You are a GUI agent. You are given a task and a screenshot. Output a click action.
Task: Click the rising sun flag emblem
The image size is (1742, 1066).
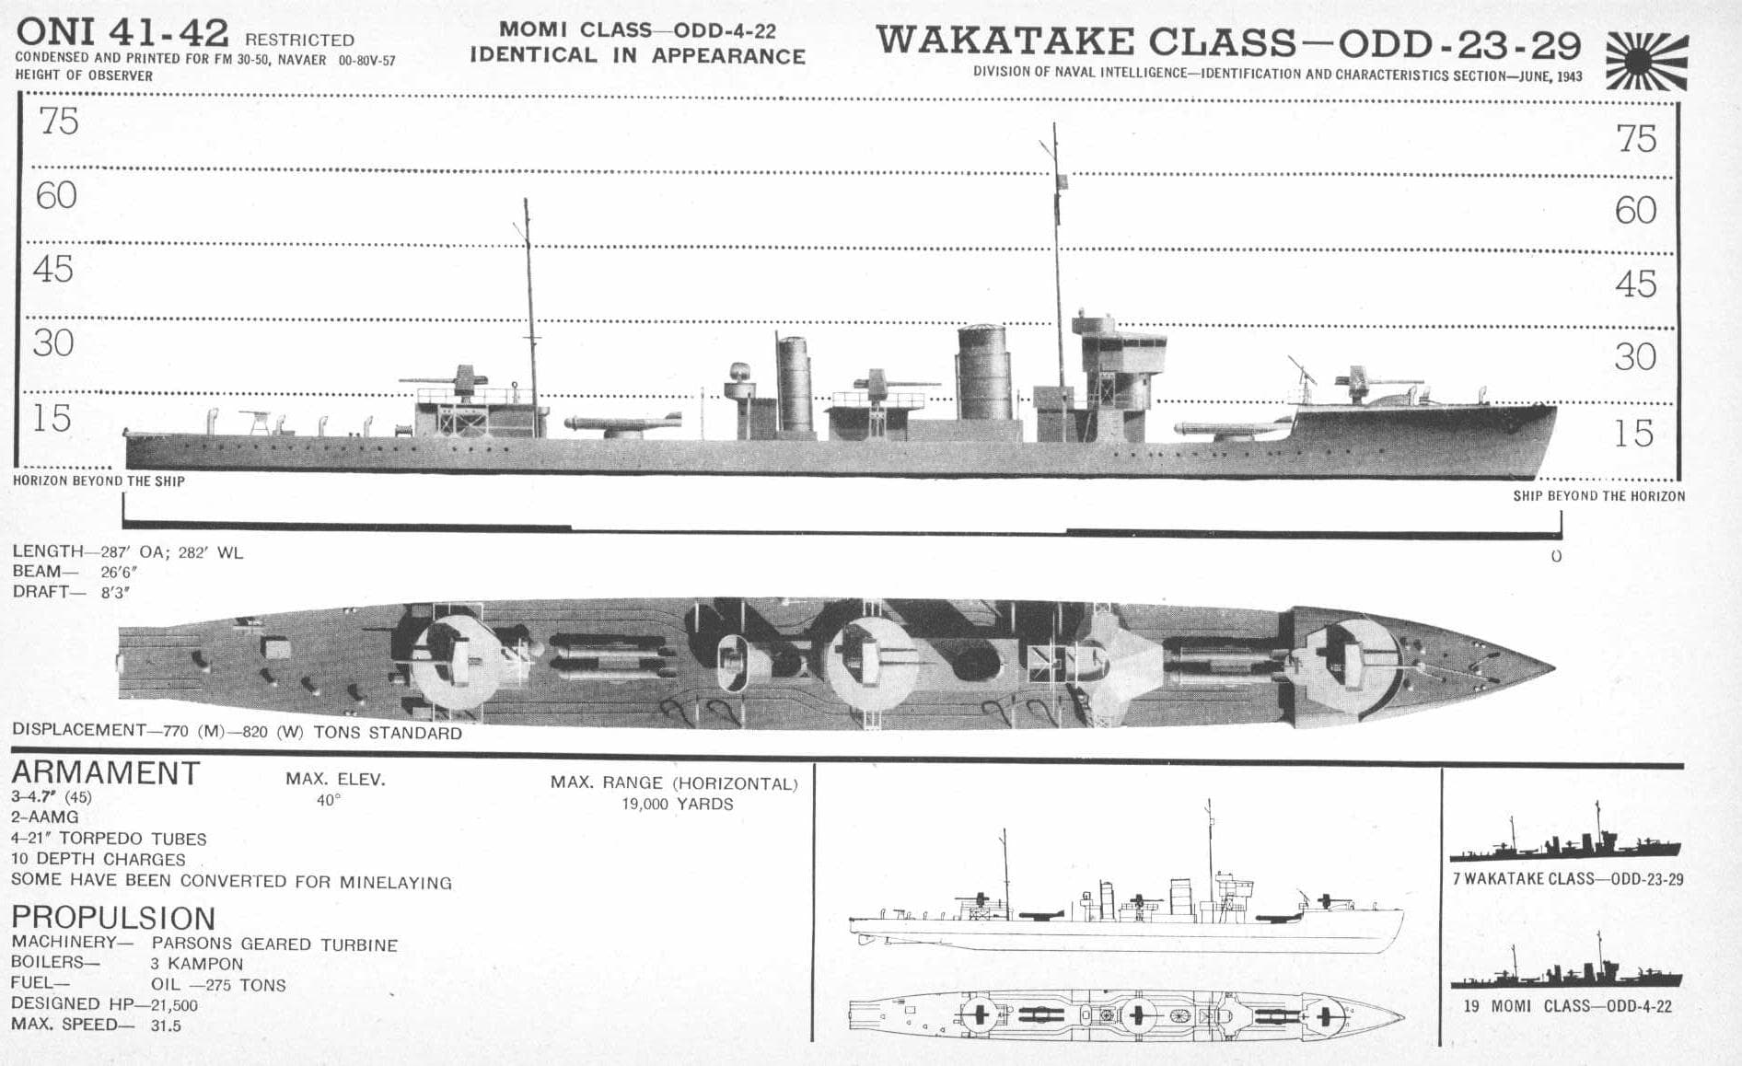[x=1647, y=61]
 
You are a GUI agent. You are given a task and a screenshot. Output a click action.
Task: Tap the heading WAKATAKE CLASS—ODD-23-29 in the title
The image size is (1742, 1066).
[x=1228, y=42]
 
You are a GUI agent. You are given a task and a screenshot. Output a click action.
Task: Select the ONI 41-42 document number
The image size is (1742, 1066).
[x=122, y=33]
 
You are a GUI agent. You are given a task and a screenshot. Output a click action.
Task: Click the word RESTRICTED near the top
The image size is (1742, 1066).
[x=299, y=40]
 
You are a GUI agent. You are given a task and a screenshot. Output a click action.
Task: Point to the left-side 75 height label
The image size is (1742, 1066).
[x=59, y=122]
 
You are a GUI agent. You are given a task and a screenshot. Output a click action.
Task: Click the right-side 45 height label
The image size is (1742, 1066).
[x=1636, y=284]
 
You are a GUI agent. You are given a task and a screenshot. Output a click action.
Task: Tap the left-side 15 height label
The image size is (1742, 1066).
[x=52, y=418]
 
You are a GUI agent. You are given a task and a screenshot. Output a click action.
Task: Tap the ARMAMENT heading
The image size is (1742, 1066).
[x=105, y=773]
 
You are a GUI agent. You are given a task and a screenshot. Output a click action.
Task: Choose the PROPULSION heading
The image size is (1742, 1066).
[x=113, y=917]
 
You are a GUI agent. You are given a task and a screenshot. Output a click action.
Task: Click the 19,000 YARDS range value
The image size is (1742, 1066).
[x=678, y=804]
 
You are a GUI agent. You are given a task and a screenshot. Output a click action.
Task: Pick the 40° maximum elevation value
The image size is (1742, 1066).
[x=329, y=800]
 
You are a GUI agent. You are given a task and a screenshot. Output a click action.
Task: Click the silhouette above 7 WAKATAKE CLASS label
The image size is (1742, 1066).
[x=1565, y=839]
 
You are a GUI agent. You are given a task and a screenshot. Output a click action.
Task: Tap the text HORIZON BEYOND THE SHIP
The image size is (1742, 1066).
[x=99, y=481]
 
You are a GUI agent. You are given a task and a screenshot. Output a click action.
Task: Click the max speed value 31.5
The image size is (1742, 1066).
[x=166, y=1025]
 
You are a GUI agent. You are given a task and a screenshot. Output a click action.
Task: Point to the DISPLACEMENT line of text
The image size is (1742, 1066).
[x=237, y=732]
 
